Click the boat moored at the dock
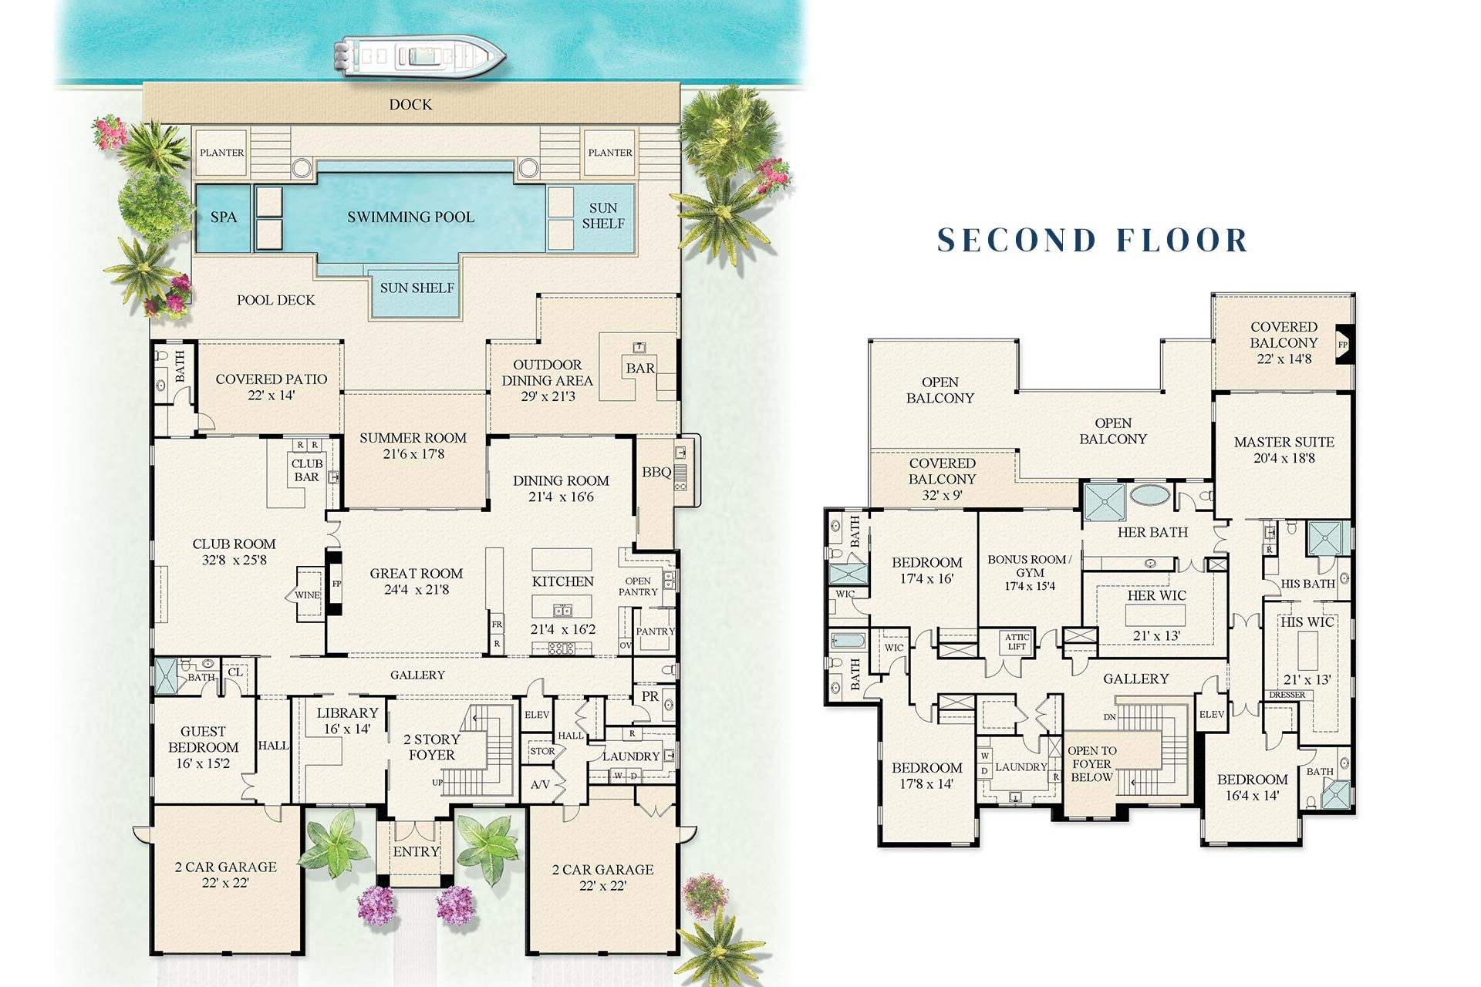[x=419, y=56]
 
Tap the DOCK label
[x=410, y=105]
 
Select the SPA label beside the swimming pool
[x=224, y=217]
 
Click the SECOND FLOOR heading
[x=1092, y=241]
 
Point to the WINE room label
[x=307, y=595]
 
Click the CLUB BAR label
[x=306, y=470]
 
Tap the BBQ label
[x=656, y=472]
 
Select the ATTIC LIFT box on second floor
[x=1017, y=642]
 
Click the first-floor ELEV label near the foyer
[x=537, y=715]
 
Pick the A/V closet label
[x=540, y=785]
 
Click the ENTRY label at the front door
[x=416, y=852]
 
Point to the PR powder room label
[x=650, y=696]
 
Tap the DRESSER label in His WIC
[x=1287, y=695]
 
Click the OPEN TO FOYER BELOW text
[x=1091, y=763]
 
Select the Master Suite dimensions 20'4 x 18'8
[x=1284, y=458]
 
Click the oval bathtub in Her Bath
[x=1149, y=494]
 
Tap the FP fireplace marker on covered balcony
[x=1342, y=345]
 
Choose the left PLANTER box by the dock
[x=222, y=153]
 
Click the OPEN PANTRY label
[x=638, y=587]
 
